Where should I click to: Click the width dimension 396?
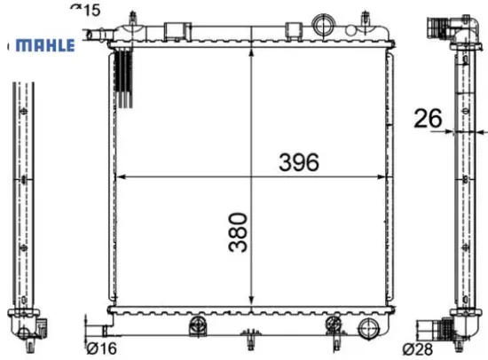point(299,162)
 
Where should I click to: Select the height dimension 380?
point(238,232)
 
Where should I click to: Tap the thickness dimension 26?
point(428,118)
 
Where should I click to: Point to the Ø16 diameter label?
point(101,348)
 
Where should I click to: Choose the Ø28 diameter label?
point(418,349)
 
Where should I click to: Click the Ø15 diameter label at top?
point(85,10)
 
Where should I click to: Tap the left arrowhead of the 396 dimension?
point(120,177)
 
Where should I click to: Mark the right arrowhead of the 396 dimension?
point(382,177)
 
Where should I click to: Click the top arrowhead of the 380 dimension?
point(251,53)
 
